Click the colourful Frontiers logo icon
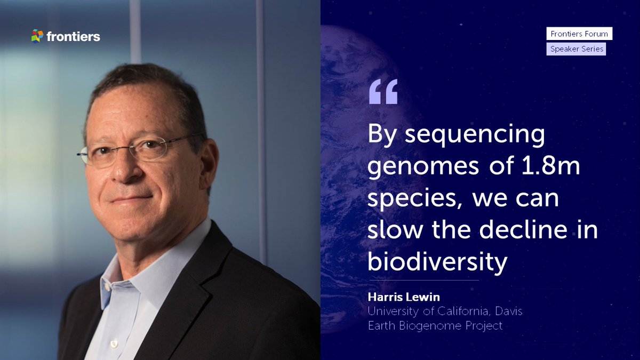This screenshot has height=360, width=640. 37,36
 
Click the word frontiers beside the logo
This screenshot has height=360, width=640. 73,37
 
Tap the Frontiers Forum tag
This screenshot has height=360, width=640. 579,34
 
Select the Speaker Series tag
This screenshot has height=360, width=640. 577,49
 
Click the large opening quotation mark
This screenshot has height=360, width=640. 383,91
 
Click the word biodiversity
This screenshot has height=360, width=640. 436,262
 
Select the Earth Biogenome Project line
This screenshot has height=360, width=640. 435,325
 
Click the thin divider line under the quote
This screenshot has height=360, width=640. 424,280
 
